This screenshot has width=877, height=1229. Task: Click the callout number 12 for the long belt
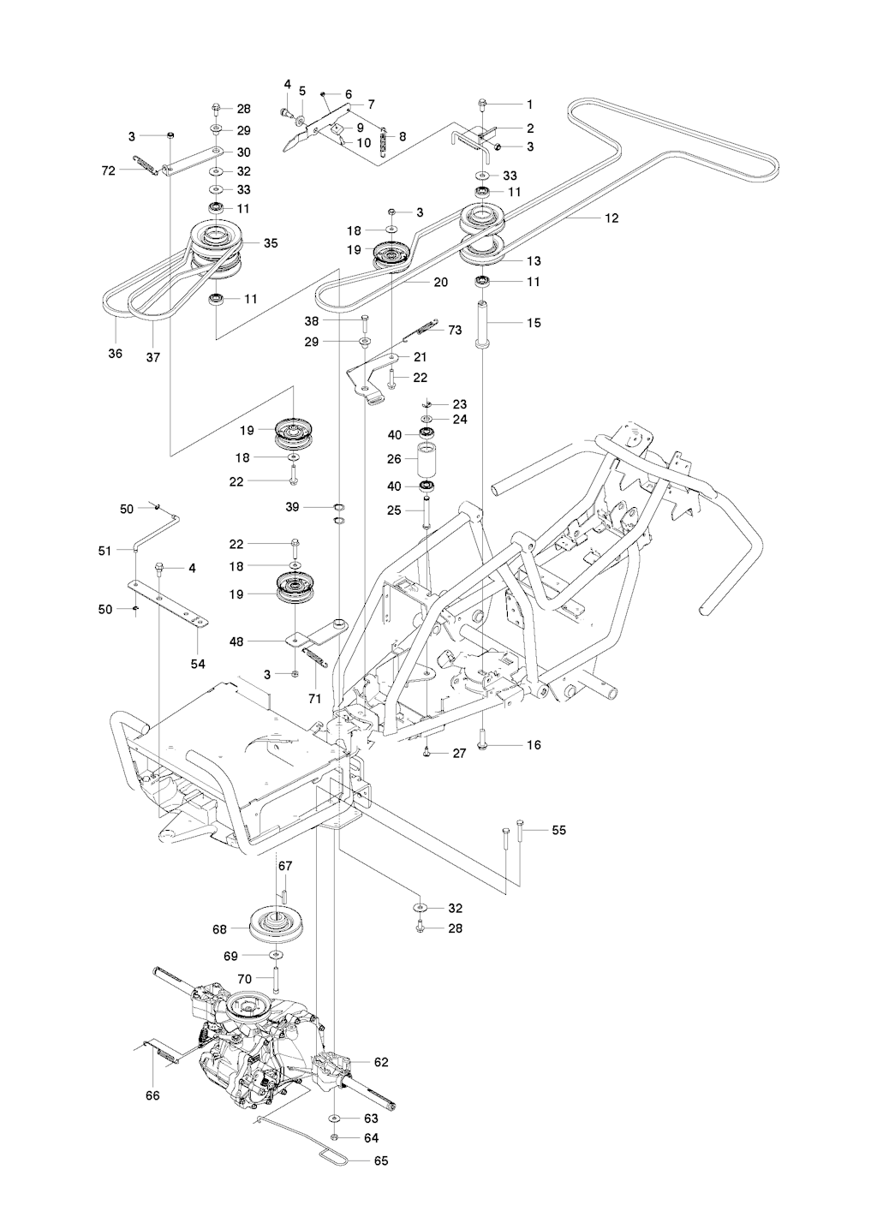[611, 218]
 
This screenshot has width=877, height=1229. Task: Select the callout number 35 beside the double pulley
[271, 243]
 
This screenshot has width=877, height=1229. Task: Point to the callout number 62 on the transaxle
[381, 1062]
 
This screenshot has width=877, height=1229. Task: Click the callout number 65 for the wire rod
[381, 1160]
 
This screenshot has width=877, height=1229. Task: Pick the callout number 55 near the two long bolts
[558, 830]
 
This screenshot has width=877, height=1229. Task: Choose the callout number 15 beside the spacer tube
[534, 323]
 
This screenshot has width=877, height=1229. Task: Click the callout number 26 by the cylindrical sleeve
[394, 459]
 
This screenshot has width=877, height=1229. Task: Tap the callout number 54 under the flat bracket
[198, 640]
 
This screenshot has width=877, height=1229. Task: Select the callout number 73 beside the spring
[455, 330]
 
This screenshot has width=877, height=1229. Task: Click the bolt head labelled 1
[483, 104]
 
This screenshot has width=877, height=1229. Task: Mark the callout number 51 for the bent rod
[105, 552]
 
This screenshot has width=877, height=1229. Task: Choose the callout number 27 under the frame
[459, 753]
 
